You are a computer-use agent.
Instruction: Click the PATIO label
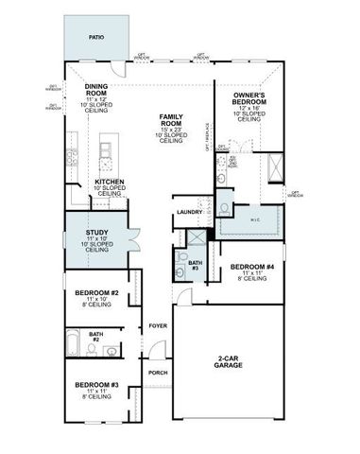click(x=96, y=37)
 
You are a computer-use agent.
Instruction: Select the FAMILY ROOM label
click(x=170, y=118)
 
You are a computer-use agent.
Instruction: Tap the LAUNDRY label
click(x=190, y=213)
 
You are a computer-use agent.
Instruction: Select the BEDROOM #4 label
click(x=250, y=268)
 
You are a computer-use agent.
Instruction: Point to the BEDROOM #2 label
click(x=95, y=294)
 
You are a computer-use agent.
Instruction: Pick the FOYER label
click(x=157, y=327)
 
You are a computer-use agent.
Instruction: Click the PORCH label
click(x=157, y=373)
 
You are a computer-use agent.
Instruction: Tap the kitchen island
click(x=107, y=149)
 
